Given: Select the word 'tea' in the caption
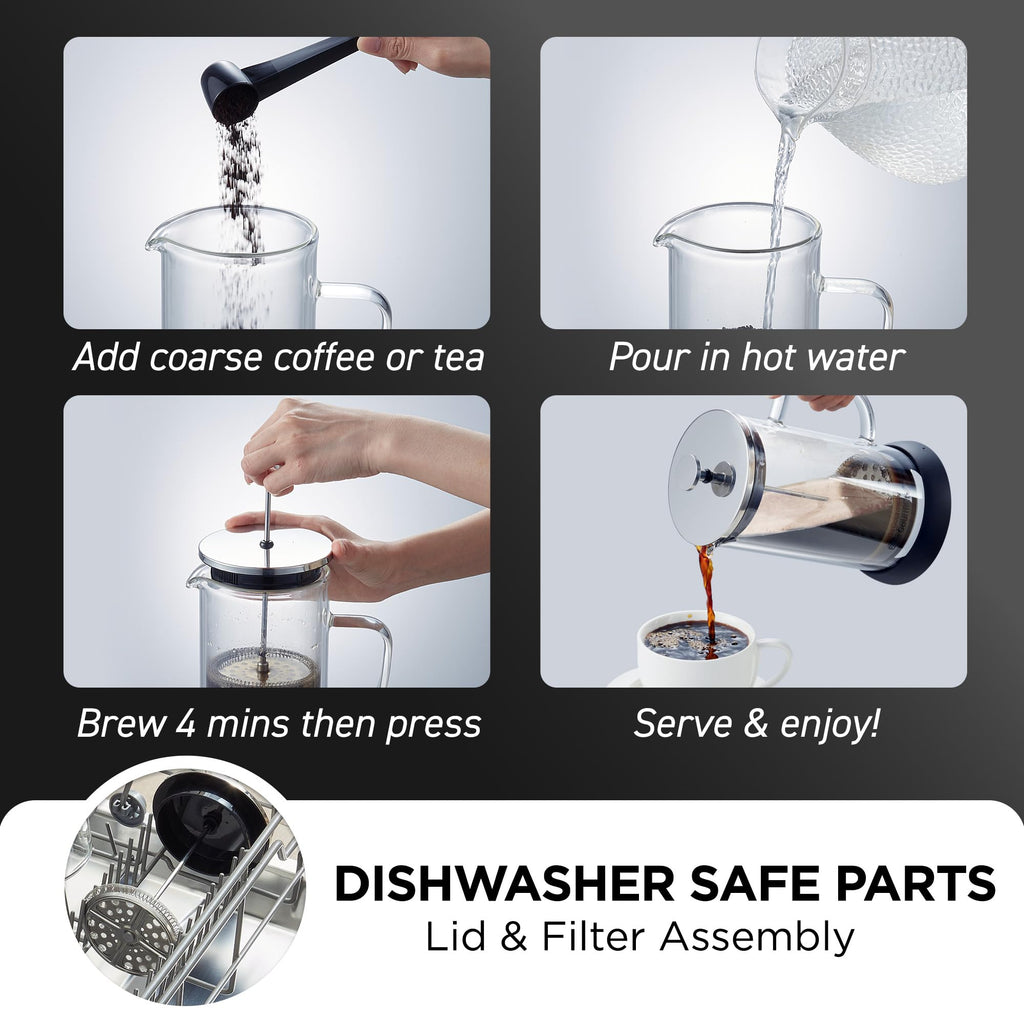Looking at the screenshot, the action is (458, 358).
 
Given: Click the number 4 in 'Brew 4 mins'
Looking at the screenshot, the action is (185, 724).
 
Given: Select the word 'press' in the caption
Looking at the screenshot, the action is (433, 726).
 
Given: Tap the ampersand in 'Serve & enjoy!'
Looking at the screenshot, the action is (756, 724).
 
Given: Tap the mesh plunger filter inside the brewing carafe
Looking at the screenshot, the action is (264, 666).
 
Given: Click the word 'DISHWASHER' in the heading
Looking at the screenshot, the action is (504, 884).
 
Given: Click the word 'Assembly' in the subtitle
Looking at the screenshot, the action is (756, 939).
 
